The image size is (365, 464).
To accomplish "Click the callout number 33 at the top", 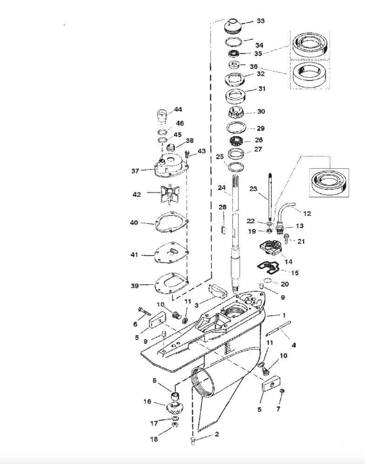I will [x=261, y=21].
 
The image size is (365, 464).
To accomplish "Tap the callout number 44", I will [x=178, y=109].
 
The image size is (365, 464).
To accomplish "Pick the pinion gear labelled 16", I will [x=175, y=408].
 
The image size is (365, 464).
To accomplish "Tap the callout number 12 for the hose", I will [x=308, y=214].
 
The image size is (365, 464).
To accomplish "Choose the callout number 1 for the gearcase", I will [x=284, y=316].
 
